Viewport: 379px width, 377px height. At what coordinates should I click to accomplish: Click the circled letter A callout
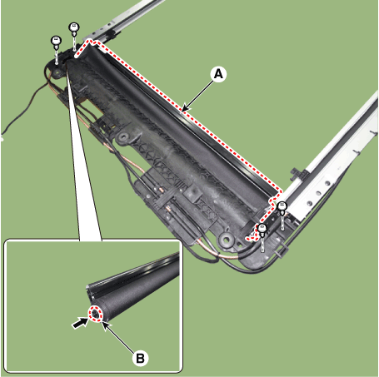tap(218, 74)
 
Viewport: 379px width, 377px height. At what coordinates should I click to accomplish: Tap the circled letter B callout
tap(140, 358)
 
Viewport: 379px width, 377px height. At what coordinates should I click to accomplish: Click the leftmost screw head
tap(57, 41)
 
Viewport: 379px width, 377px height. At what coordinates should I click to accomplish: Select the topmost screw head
tap(74, 27)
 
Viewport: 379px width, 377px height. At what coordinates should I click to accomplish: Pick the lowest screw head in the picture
tap(262, 229)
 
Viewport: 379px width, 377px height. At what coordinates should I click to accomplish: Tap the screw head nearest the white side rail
tap(282, 206)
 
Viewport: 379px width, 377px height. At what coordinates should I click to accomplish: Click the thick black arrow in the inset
tap(79, 323)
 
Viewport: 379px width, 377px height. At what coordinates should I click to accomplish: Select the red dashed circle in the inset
tap(96, 314)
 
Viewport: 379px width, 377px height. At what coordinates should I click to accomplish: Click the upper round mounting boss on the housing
tap(123, 136)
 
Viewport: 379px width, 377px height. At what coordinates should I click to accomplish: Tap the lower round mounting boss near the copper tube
tap(227, 239)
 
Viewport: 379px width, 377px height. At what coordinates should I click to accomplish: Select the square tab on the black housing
tap(193, 191)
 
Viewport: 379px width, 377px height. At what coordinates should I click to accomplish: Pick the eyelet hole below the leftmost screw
tap(57, 72)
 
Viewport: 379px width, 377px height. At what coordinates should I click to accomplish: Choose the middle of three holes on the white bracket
tap(319, 193)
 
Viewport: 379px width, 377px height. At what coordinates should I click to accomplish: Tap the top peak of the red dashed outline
tap(89, 41)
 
